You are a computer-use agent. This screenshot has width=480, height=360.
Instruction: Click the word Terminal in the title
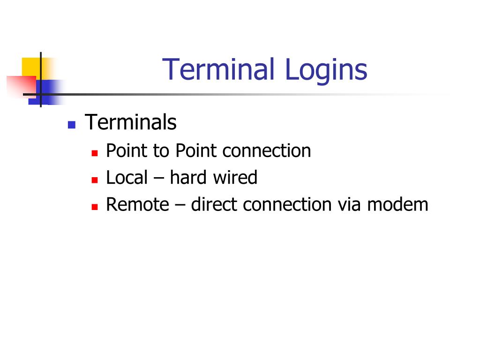click(x=218, y=69)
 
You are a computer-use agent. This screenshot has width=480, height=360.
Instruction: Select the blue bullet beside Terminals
click(x=72, y=125)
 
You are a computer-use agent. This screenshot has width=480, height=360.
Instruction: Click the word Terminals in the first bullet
click(x=131, y=123)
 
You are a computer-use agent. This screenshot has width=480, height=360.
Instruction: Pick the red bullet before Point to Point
click(x=94, y=153)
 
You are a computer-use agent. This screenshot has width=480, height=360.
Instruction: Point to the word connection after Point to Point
click(x=267, y=151)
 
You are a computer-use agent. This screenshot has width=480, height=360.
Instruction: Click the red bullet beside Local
click(x=94, y=180)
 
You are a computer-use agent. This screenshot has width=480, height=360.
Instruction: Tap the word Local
click(x=127, y=178)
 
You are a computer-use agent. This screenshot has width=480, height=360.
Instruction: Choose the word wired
click(x=237, y=178)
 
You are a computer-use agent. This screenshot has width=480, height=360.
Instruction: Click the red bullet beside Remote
click(x=94, y=206)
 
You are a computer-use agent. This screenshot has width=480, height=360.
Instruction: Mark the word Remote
click(x=137, y=205)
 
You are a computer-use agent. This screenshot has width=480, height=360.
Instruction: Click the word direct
click(x=214, y=205)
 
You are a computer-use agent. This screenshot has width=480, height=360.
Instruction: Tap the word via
click(x=350, y=205)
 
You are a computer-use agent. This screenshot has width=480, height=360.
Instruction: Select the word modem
click(x=398, y=205)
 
